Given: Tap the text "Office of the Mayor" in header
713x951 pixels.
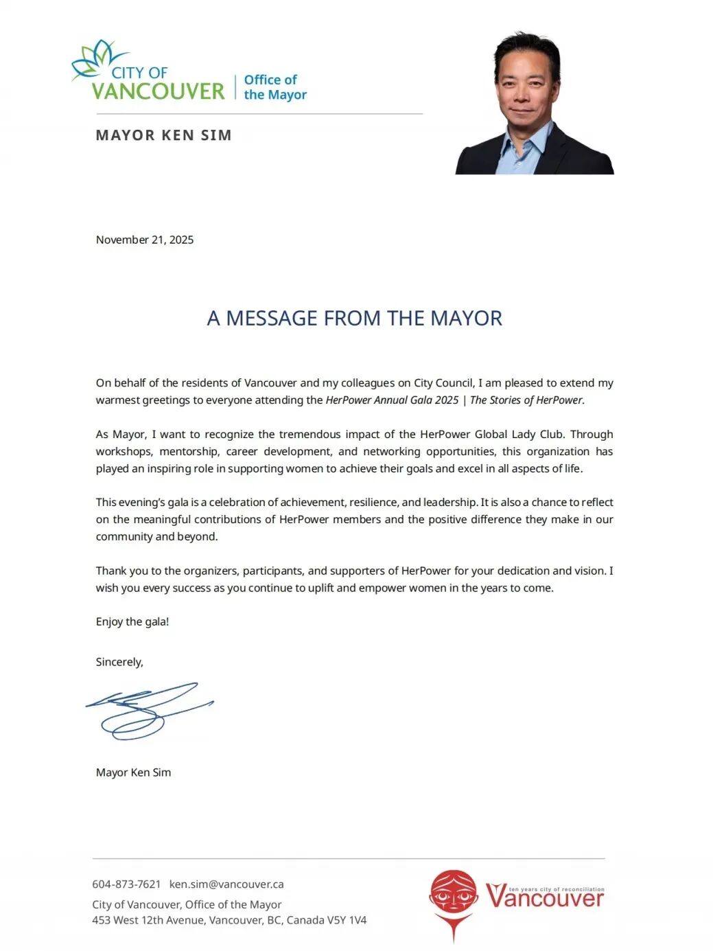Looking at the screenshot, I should point(274,87).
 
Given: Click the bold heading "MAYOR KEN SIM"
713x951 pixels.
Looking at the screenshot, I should point(163,135).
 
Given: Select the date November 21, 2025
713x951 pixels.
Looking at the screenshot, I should point(145,240).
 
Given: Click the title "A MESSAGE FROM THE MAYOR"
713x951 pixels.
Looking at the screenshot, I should point(355,318).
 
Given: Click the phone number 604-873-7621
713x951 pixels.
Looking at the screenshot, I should point(126,884).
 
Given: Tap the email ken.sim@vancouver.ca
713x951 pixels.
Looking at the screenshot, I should point(226,884).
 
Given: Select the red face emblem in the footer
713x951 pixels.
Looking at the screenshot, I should point(453,896).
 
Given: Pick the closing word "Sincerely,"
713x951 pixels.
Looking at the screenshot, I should point(119,662).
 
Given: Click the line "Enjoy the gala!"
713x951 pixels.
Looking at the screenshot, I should point(132,621).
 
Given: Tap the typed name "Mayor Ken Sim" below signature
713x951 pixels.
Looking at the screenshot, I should point(134,772).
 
